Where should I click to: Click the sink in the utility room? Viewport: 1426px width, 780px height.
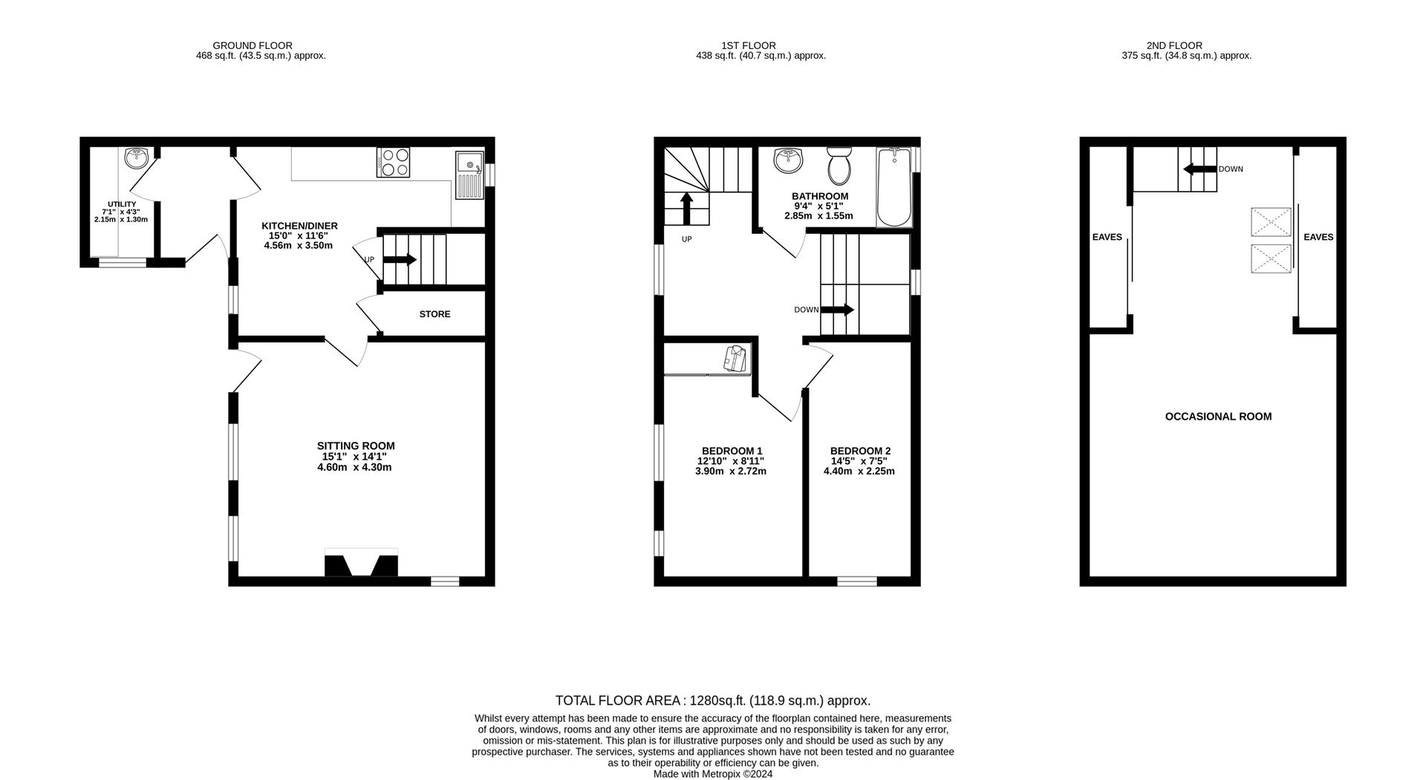click(137, 157)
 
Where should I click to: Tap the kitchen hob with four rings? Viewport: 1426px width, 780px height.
click(394, 162)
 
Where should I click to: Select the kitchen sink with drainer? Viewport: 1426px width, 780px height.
click(469, 175)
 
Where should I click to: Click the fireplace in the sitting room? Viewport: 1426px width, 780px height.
click(361, 563)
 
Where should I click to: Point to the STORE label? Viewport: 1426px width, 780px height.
click(434, 314)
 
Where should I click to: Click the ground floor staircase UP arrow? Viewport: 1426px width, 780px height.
click(400, 259)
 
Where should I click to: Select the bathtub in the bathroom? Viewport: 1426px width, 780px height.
click(894, 186)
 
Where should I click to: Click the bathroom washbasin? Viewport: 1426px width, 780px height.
click(787, 158)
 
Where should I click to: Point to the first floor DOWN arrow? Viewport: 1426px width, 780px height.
click(837, 310)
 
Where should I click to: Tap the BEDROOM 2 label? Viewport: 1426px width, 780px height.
click(860, 451)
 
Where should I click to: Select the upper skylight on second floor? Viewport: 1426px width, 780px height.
click(1271, 222)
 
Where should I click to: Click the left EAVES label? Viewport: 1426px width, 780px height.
click(1107, 238)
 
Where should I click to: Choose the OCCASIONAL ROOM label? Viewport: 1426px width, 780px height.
click(1218, 417)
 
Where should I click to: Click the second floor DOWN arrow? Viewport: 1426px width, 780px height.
click(1199, 169)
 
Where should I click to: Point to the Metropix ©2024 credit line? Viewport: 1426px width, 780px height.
click(713, 774)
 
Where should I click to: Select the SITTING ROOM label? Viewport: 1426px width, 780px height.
click(356, 446)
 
